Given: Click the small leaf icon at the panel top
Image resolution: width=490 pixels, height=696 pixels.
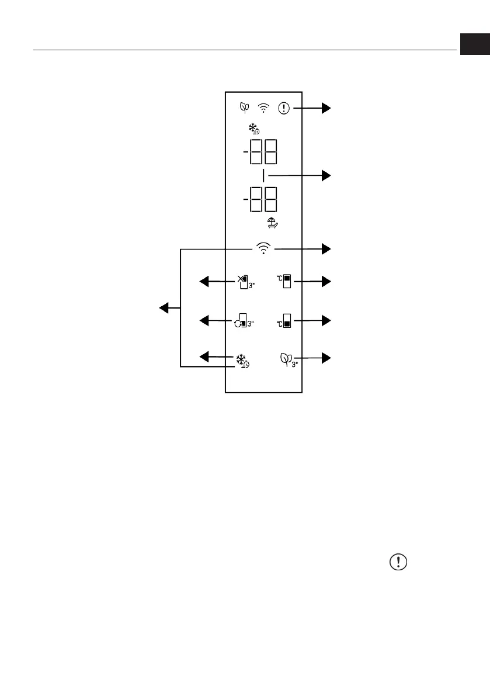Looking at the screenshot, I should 244,108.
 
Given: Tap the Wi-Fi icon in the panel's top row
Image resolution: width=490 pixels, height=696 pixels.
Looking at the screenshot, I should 265,108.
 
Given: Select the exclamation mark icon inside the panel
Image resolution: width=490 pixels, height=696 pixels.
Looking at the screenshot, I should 284,108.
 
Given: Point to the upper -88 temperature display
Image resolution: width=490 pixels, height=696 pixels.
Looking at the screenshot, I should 260,153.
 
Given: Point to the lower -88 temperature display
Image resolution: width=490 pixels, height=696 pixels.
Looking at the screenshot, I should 260,200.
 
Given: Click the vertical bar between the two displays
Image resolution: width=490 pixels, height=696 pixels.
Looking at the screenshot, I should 264,175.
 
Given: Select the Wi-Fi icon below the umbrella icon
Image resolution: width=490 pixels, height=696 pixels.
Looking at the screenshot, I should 264,249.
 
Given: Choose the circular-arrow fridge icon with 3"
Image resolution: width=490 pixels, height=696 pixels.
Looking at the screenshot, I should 244,320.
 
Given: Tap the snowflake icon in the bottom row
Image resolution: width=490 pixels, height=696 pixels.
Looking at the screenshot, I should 243,360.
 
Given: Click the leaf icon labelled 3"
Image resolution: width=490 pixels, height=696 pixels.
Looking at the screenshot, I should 288,358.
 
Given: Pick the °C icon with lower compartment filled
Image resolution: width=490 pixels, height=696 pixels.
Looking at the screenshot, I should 284,320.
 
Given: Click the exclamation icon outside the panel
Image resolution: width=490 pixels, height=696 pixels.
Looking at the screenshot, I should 398,562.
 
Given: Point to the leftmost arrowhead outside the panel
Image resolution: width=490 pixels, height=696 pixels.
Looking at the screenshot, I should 165,307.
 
